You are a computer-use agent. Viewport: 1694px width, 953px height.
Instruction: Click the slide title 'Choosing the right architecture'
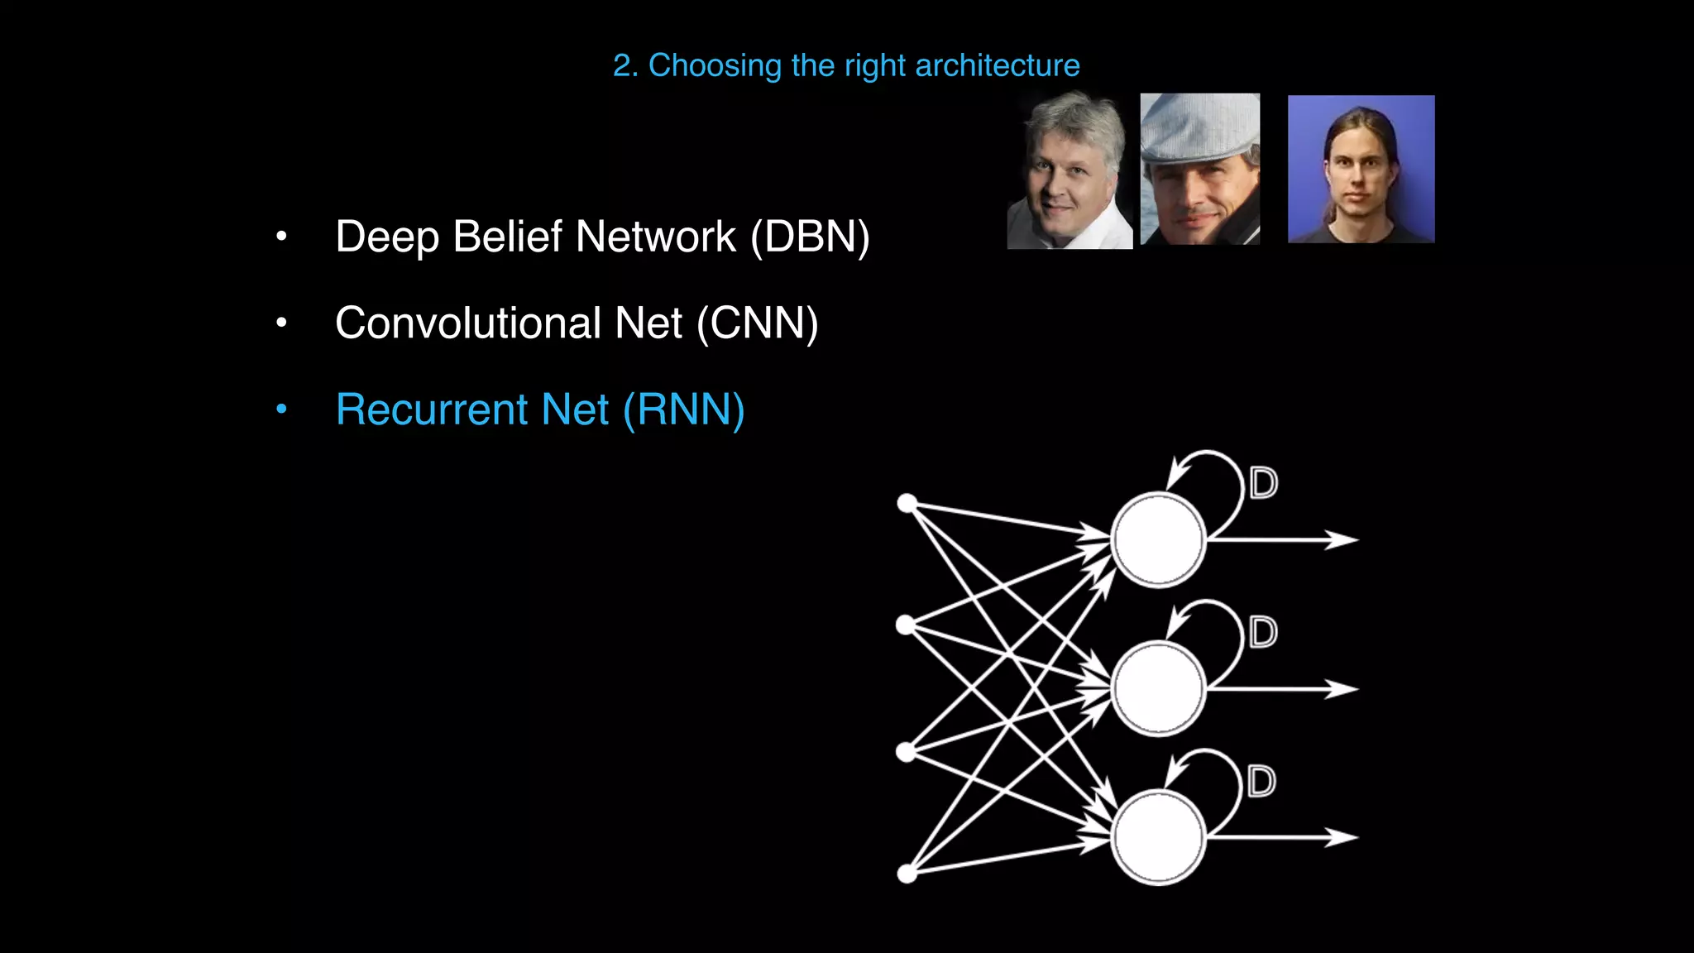[846, 65]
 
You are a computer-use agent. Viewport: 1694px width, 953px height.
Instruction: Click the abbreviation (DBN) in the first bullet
[810, 237]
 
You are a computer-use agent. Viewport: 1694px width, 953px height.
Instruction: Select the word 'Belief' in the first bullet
[507, 237]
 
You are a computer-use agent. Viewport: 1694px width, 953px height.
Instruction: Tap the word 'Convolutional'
[467, 323]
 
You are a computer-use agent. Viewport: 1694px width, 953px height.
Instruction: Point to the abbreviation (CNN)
[757, 323]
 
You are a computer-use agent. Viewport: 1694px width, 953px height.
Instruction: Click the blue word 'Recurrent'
[431, 409]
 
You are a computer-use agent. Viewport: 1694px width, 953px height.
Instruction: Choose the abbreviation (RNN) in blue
[683, 409]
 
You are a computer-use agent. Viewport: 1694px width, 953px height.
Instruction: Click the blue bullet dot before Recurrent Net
[281, 409]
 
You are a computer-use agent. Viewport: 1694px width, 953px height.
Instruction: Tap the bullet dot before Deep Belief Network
[281, 237]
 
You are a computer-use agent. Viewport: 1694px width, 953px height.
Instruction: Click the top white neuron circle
[1158, 539]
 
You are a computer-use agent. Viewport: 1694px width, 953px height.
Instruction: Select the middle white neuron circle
[1158, 688]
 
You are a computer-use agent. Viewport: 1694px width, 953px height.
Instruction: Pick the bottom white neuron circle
[1158, 837]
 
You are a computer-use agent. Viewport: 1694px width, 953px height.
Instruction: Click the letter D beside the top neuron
[1263, 483]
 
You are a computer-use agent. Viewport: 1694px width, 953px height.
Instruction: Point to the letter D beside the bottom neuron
[1261, 781]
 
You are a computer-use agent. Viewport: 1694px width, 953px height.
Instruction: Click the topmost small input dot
[907, 503]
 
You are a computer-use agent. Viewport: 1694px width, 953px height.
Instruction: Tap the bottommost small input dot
[907, 874]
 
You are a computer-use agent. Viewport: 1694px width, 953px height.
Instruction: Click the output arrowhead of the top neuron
[1343, 539]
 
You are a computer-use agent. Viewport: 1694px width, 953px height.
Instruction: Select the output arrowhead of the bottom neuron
[1343, 837]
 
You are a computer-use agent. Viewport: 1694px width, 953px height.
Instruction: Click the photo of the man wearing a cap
[1200, 169]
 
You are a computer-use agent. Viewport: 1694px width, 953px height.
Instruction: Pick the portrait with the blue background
[1361, 169]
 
